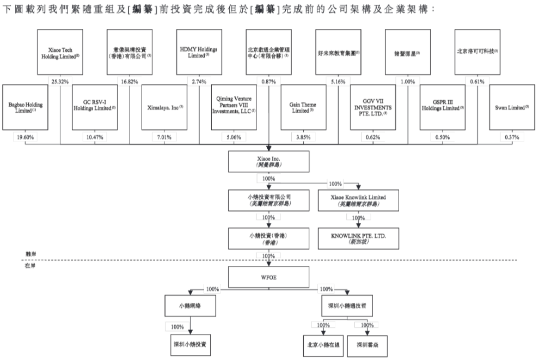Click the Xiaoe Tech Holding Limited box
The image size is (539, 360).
(x=60, y=53)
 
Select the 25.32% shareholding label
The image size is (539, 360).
(x=60, y=82)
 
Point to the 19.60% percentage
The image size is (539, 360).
(x=26, y=137)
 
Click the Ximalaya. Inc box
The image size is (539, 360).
(x=164, y=107)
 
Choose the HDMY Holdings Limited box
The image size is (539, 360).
(x=199, y=53)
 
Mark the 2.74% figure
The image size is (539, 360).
(x=199, y=82)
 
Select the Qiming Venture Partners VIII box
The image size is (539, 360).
(x=234, y=107)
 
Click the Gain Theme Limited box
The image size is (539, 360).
(x=303, y=107)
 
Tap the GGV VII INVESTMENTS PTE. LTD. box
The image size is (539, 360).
(x=373, y=107)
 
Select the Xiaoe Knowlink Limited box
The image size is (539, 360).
(x=358, y=200)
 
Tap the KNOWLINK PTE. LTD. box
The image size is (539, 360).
(x=358, y=237)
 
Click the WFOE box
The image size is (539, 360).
(x=268, y=277)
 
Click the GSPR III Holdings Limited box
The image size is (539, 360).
(x=442, y=107)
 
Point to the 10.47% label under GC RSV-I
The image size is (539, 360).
(x=95, y=137)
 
